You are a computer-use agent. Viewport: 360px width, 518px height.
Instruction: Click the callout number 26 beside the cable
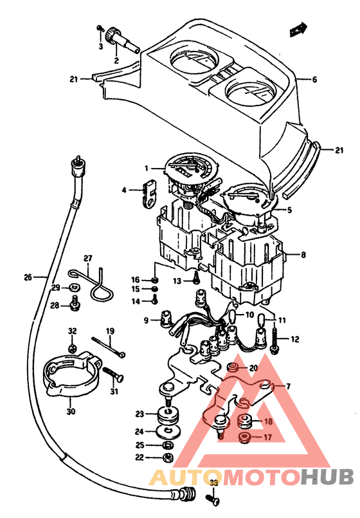coord(28,277)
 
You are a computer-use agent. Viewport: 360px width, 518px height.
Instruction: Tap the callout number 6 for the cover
coord(314,80)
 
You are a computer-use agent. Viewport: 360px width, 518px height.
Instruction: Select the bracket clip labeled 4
coord(149,192)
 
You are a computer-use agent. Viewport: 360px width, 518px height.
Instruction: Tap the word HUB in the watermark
coord(327,477)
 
